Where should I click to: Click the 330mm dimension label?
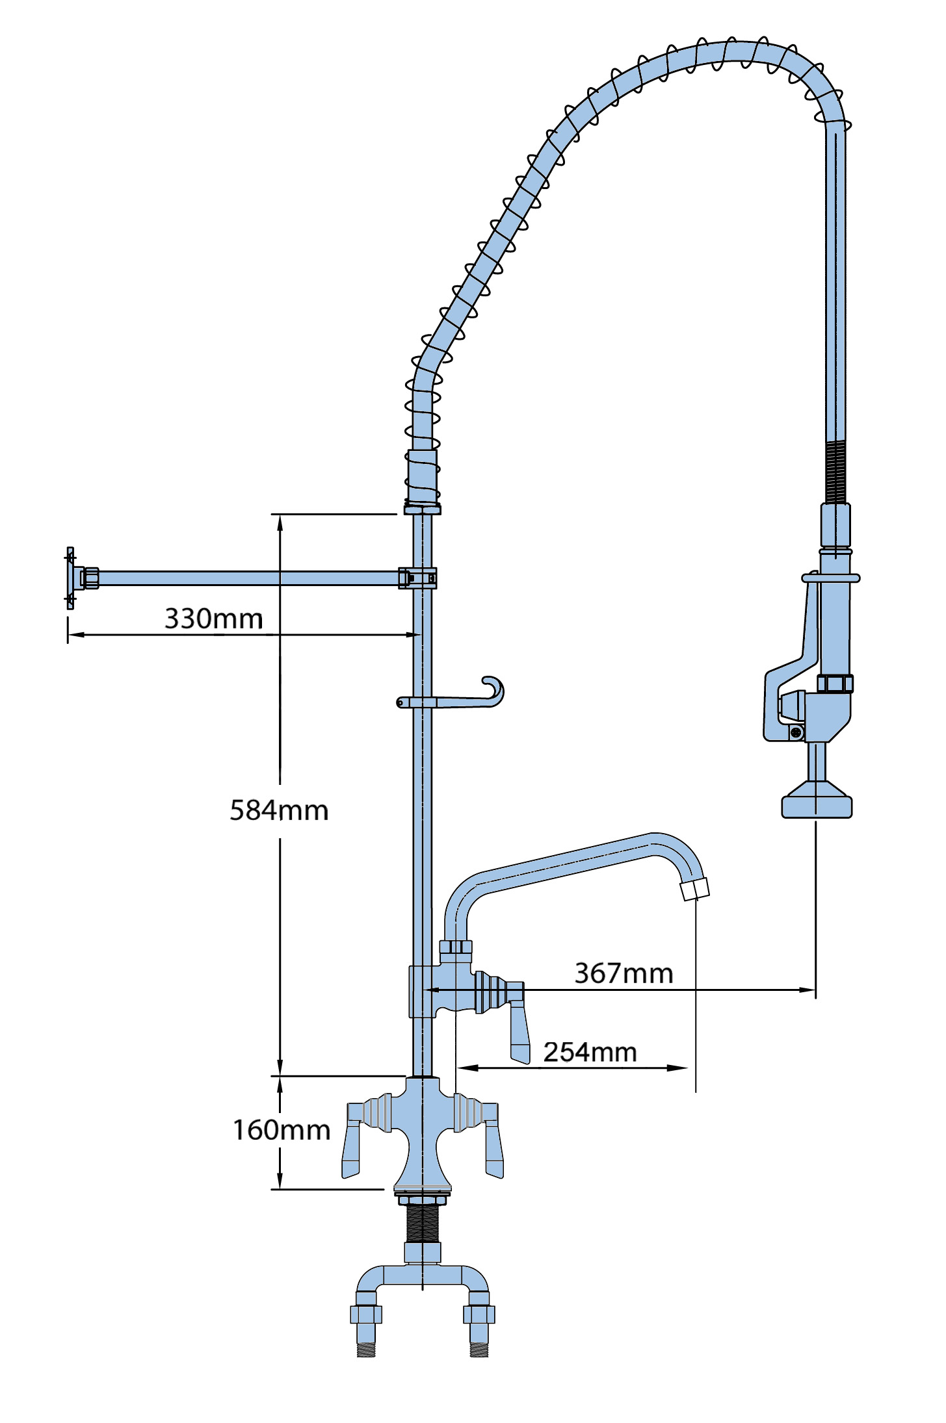point(213,619)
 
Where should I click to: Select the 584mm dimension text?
point(279,810)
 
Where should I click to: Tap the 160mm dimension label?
point(282,1130)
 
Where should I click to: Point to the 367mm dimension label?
point(624,973)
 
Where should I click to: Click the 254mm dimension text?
point(590,1052)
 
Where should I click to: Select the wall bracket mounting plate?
point(70,578)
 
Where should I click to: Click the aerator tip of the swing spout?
point(694,888)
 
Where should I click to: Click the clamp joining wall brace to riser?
point(417,578)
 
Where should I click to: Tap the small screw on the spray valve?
point(796,733)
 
